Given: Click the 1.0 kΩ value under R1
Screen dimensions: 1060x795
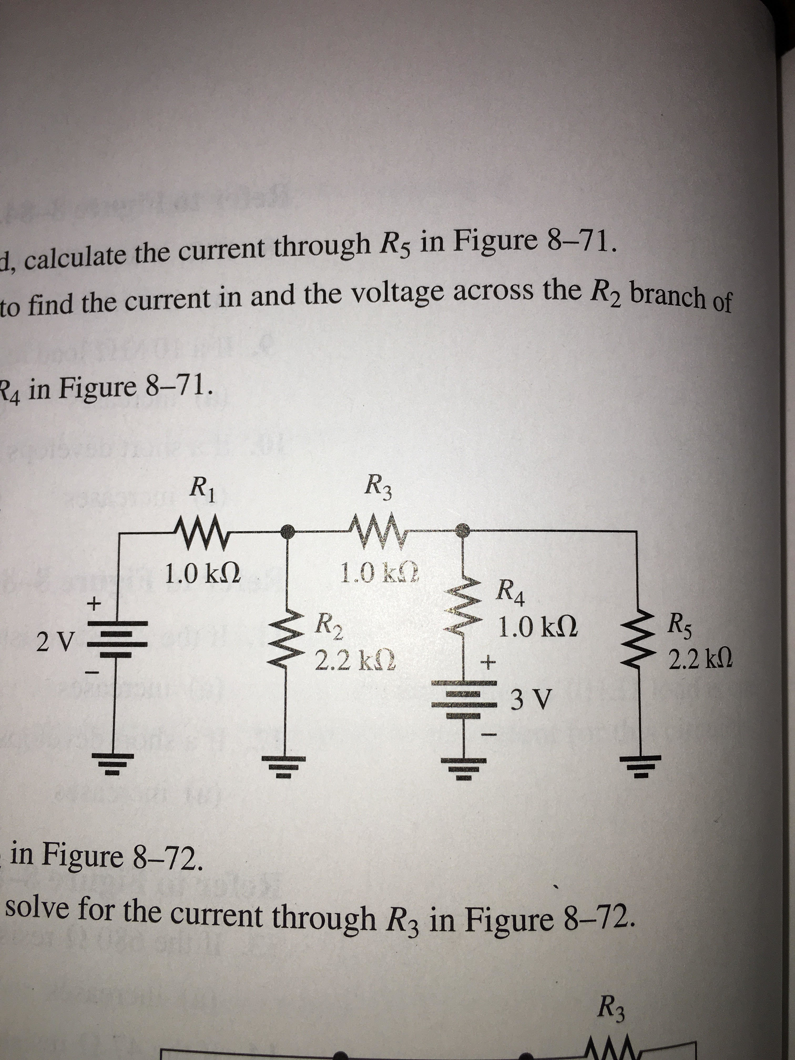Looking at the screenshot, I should (x=201, y=573).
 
